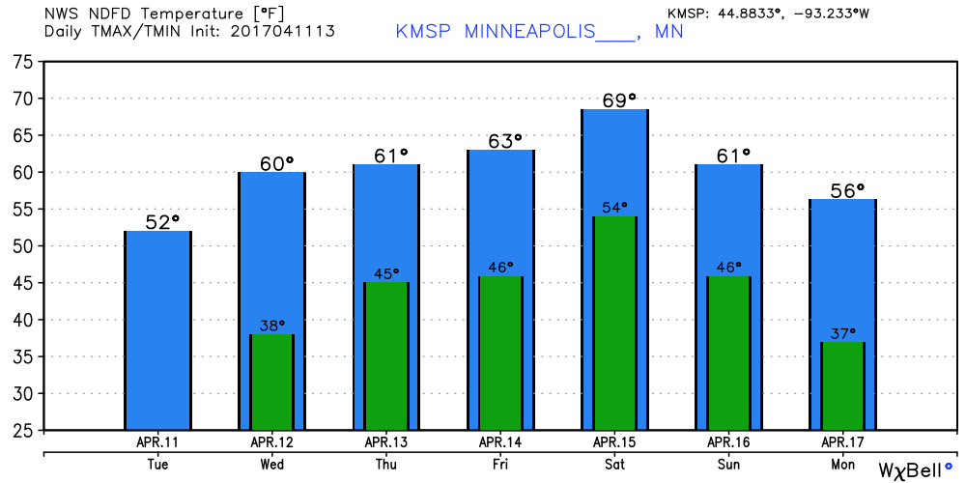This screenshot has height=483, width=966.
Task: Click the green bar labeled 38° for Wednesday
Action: [271, 382]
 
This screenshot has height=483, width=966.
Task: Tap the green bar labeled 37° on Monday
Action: [842, 385]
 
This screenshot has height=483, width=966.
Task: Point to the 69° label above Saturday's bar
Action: [619, 99]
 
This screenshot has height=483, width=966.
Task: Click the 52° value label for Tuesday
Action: [162, 221]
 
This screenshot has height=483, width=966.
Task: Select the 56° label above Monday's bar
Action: [847, 189]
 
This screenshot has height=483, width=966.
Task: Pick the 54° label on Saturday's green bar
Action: [614, 207]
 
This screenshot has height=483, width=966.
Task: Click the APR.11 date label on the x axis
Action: [157, 442]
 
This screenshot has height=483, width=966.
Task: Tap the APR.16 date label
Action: [728, 442]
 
